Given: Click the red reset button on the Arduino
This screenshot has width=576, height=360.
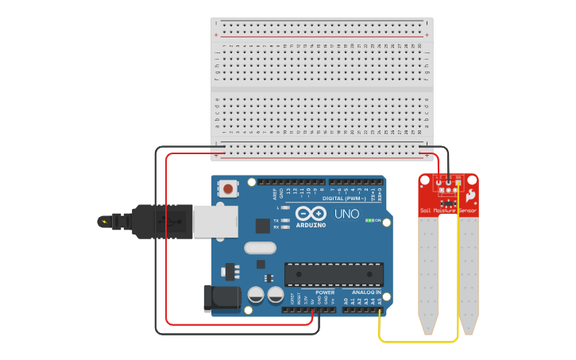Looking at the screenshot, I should (229, 189).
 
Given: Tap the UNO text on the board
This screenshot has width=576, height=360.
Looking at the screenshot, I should (347, 214).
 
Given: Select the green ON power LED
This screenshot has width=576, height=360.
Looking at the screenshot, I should (369, 220).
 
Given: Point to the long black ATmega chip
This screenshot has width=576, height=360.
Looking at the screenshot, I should (334, 274).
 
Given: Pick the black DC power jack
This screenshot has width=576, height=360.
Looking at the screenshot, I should (222, 298).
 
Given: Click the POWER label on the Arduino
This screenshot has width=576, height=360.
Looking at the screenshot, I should (325, 292).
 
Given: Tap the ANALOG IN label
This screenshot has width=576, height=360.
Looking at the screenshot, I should (366, 292).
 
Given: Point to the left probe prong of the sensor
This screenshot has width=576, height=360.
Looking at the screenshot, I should (429, 274).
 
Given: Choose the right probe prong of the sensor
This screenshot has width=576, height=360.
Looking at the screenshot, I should (469, 274).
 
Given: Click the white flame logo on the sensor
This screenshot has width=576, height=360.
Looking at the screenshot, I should (470, 195).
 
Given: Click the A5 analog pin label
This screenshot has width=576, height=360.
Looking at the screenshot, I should (381, 300).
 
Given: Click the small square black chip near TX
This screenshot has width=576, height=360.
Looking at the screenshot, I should (262, 226).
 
